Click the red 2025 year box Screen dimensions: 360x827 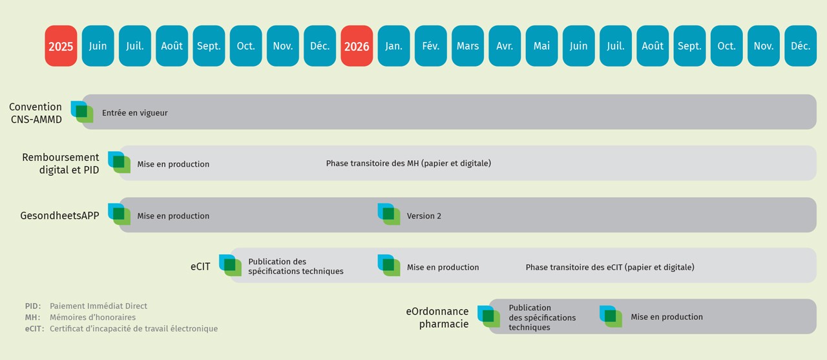coord(61,46)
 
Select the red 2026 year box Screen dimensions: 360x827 coord(357,46)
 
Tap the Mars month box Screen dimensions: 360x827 coord(468,46)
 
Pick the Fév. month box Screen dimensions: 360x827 coord(431,46)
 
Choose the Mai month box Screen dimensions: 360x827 coord(541,46)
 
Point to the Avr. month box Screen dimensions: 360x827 coord(505,46)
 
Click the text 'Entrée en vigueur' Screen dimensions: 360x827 coord(134,112)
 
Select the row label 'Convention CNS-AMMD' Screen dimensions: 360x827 coord(36,112)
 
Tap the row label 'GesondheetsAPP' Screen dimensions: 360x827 coord(59,215)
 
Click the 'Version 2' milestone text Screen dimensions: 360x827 coord(424,216)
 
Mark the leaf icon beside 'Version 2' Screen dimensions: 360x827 coord(389,214)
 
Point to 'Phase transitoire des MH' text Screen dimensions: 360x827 coord(408,164)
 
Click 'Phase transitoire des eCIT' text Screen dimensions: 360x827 coord(610,267)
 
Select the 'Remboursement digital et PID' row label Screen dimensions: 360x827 coord(60,164)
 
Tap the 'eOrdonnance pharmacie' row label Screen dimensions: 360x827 coord(437,317)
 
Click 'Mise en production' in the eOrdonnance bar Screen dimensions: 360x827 coord(667,317)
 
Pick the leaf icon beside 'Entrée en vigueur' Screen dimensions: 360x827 coord(82,112)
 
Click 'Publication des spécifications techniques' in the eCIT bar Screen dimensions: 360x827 coord(295,266)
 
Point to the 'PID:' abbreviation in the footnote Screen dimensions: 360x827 coord(33,306)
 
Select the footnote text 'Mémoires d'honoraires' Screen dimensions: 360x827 coord(92,317)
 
